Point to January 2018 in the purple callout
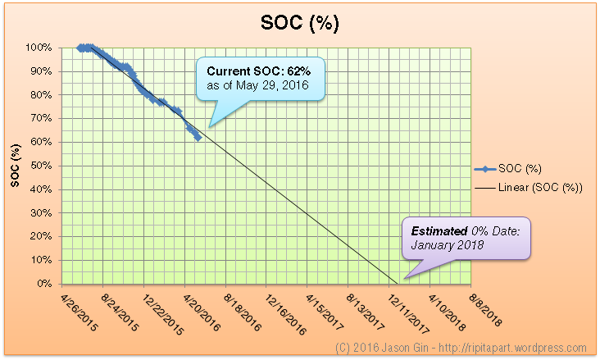tap(447, 245)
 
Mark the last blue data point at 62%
tap(198, 137)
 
